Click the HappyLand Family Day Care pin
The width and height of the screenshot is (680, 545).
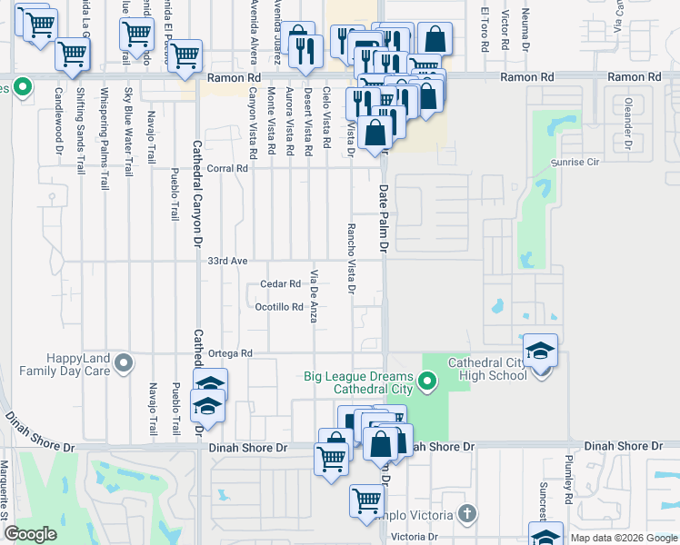(x=125, y=364)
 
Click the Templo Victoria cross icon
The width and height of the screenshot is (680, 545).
(x=467, y=513)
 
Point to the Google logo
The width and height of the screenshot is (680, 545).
(x=30, y=534)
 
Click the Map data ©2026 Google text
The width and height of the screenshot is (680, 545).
(x=624, y=538)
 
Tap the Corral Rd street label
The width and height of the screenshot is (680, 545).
(x=228, y=168)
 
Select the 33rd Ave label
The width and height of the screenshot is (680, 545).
(x=227, y=261)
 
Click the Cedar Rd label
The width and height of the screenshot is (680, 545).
(x=281, y=283)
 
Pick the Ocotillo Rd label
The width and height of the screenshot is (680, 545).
(x=278, y=307)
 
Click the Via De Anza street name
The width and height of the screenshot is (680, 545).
(x=315, y=296)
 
